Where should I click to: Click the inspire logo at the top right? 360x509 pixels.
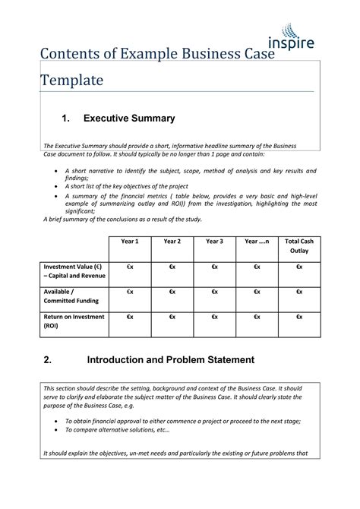pyautogui.click(x=291, y=38)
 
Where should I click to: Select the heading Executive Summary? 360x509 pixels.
pyautogui.click(x=129, y=119)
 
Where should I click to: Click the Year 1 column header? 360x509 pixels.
pyautogui.click(x=130, y=242)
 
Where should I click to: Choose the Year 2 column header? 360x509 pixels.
pyautogui.click(x=172, y=242)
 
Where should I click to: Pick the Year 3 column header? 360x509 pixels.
pyautogui.click(x=215, y=242)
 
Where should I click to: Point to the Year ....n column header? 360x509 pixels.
pyautogui.click(x=257, y=242)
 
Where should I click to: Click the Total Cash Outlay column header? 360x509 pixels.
pyautogui.click(x=299, y=245)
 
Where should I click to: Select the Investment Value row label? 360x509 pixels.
pyautogui.click(x=73, y=272)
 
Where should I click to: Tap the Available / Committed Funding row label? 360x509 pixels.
pyautogui.click(x=69, y=297)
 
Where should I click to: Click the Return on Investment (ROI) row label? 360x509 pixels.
pyautogui.click(x=73, y=321)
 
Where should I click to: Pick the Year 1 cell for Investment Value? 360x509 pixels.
pyautogui.click(x=130, y=267)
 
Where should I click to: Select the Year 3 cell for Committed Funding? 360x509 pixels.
pyautogui.click(x=215, y=292)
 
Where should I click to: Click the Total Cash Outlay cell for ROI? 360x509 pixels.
pyautogui.click(x=299, y=316)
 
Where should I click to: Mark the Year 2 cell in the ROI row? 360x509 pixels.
pyautogui.click(x=172, y=316)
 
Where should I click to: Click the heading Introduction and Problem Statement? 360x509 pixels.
pyautogui.click(x=170, y=359)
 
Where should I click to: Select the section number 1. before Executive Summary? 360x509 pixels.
pyautogui.click(x=66, y=119)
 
